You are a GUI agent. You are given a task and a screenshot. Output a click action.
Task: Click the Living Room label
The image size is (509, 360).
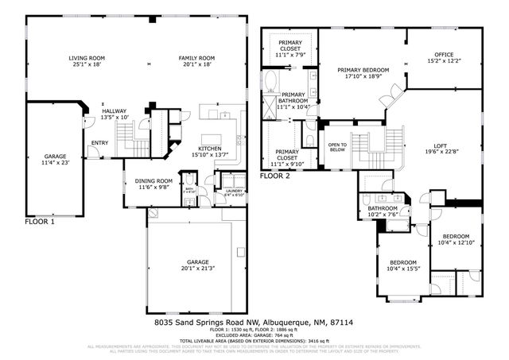[x=87, y=61]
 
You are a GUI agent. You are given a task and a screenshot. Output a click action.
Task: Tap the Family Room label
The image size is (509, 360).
[x=196, y=61]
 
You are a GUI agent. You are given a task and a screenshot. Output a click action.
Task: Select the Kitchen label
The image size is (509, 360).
[x=209, y=152]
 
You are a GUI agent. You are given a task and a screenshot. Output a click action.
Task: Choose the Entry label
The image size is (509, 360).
[x=99, y=143]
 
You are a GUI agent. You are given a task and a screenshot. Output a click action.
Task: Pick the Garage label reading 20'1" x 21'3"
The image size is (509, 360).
[x=198, y=265]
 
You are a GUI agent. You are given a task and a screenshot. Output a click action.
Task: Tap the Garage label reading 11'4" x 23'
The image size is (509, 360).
[x=55, y=159]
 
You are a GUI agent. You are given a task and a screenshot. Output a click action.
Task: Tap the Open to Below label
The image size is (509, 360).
[x=338, y=146]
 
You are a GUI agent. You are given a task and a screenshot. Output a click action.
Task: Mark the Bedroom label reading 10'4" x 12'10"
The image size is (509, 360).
[x=457, y=240]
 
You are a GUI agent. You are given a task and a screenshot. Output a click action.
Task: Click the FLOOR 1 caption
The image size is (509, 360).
[x=41, y=222]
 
